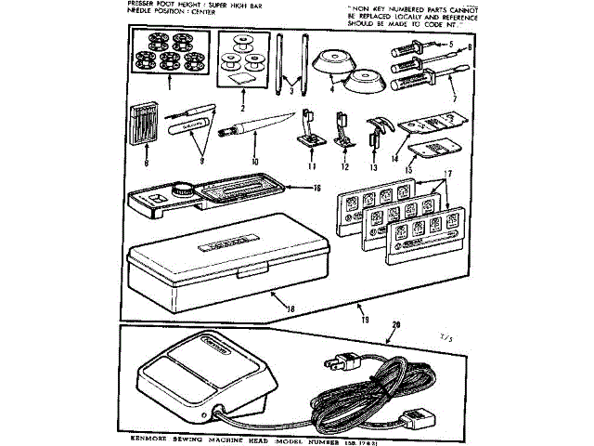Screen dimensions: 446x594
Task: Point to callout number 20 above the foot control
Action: (x=397, y=324)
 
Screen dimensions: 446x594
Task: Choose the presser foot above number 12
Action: (x=342, y=129)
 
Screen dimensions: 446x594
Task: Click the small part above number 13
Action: (x=377, y=133)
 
